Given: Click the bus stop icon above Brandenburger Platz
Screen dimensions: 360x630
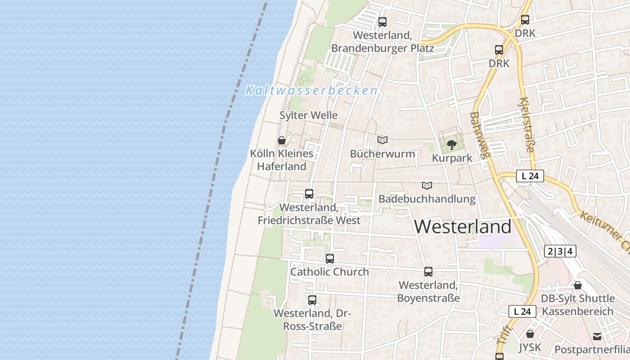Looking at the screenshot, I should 382,22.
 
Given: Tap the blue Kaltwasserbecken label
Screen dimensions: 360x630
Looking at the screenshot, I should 311,90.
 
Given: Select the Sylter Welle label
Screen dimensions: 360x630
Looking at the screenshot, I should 308,115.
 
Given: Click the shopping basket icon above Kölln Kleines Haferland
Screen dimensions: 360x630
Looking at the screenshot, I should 282,140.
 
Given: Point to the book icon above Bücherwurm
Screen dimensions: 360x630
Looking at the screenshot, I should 382,140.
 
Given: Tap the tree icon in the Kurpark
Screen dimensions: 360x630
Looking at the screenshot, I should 452,145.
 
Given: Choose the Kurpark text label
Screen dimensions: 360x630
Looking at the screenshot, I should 452,158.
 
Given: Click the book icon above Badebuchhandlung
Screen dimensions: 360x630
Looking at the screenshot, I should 427,185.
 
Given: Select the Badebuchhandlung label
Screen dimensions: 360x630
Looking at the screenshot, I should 427,199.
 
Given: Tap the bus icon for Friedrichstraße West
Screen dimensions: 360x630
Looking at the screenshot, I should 309,194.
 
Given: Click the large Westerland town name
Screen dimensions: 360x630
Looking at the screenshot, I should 463,226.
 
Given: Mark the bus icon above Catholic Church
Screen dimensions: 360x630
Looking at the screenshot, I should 330,259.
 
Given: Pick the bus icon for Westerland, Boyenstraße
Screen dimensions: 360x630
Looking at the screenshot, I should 428,272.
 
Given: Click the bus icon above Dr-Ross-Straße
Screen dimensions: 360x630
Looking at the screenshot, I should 312,300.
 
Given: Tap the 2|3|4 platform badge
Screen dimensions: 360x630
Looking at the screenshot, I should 560,251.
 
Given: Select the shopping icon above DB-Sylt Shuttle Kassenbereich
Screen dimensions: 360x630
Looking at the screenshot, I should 578,285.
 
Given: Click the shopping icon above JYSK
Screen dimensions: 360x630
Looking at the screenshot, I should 530,334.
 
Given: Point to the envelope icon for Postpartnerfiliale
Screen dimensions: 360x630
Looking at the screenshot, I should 597,337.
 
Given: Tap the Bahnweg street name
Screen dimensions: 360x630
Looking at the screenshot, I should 479,135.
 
